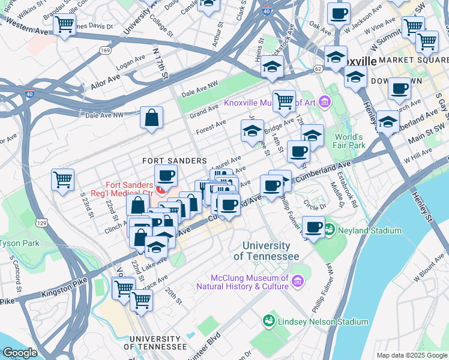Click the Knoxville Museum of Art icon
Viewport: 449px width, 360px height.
point(325,102)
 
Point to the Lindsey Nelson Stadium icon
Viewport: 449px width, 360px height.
point(269,322)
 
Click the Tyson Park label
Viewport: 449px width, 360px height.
point(18,243)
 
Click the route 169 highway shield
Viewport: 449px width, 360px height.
point(106,51)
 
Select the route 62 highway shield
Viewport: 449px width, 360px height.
point(317,69)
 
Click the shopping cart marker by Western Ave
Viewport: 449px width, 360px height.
point(64,25)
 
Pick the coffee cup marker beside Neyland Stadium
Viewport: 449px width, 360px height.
point(313,227)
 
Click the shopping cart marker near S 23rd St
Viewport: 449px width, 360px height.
point(62,179)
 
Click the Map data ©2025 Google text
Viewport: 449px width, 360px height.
point(412,355)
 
